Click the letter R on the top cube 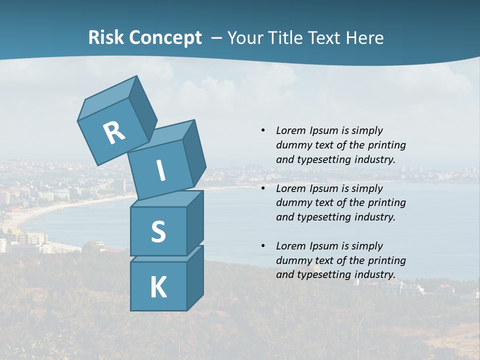114,133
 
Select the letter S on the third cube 158,231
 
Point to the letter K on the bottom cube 158,287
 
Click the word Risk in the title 105,37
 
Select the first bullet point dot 263,130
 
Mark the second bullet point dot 263,188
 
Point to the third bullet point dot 263,246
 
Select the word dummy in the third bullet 292,260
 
